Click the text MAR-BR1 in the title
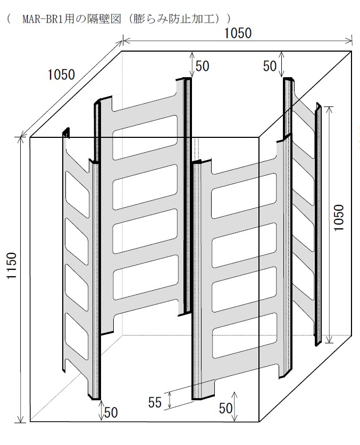pos(44,19)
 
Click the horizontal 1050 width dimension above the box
pos(237,33)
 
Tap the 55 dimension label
pos(155,402)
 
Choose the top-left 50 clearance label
pos(202,65)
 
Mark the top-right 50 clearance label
pos(271,65)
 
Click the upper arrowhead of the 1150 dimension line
pos(20,140)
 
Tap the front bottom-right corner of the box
pos(259,422)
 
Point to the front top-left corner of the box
pos(30,137)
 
